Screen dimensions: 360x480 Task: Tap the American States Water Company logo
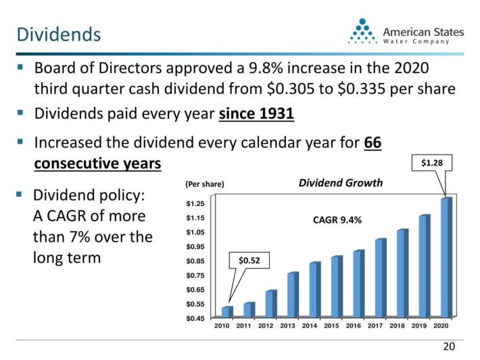pos(406,32)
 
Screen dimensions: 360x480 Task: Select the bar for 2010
pos(226,311)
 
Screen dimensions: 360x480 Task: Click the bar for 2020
pos(446,257)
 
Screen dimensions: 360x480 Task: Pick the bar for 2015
pos(336,286)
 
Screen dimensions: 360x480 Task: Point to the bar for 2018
pos(402,273)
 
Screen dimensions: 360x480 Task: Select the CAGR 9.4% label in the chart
pos(337,220)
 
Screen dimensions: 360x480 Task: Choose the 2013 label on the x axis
pos(287,326)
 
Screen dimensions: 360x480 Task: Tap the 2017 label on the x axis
pos(375,326)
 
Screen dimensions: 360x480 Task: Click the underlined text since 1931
pos(256,114)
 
